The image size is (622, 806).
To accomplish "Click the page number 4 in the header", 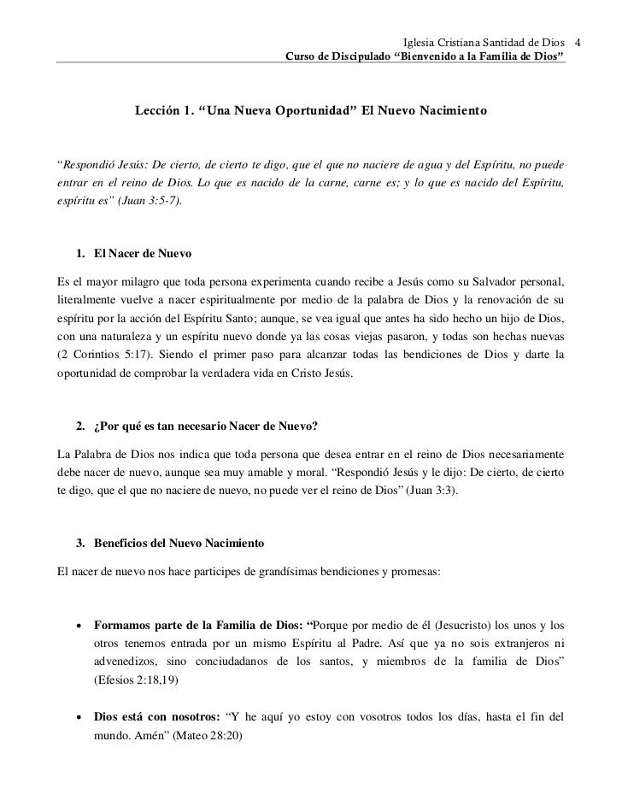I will (x=578, y=43).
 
